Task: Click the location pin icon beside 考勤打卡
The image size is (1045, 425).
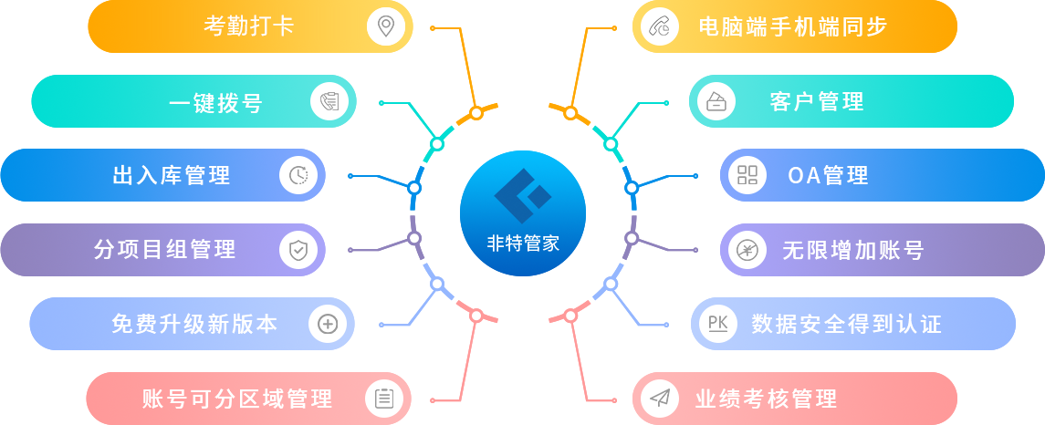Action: pyautogui.click(x=386, y=26)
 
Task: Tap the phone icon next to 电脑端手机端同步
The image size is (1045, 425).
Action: pyautogui.click(x=659, y=26)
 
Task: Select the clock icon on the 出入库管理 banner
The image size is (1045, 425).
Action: pyautogui.click(x=298, y=175)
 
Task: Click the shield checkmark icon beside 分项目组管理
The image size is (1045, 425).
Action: pyautogui.click(x=298, y=249)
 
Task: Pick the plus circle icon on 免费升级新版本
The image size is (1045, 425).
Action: pyautogui.click(x=328, y=323)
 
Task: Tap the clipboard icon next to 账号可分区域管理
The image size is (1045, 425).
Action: pyautogui.click(x=384, y=398)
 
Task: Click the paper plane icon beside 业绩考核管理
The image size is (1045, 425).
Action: pyautogui.click(x=659, y=398)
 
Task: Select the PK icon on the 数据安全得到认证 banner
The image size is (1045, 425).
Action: pyautogui.click(x=717, y=323)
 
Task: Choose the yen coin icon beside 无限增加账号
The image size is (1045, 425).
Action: pyautogui.click(x=747, y=249)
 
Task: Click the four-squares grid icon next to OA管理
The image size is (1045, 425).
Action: pyautogui.click(x=747, y=175)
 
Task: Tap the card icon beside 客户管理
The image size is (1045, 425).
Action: pyautogui.click(x=716, y=101)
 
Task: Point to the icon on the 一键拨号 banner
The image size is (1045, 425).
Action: pyautogui.click(x=329, y=101)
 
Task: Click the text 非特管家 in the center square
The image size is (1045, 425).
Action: pyautogui.click(x=523, y=244)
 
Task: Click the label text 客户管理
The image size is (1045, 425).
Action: pyautogui.click(x=817, y=101)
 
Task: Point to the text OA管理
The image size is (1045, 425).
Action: pyautogui.click(x=828, y=175)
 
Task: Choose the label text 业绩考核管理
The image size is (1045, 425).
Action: pyautogui.click(x=766, y=399)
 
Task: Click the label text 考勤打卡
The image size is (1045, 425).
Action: pyautogui.click(x=248, y=26)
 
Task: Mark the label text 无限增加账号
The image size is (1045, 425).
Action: pyautogui.click(x=852, y=250)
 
